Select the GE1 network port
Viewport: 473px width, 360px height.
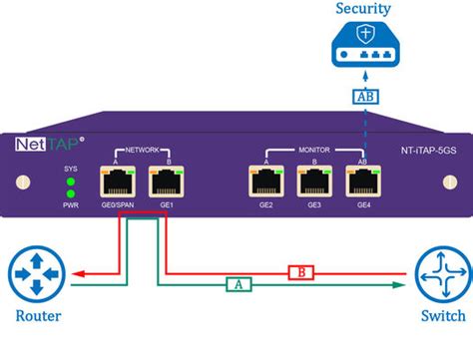click(x=164, y=181)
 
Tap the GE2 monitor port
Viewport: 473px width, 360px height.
click(x=265, y=181)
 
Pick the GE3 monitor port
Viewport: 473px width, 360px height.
click(x=314, y=181)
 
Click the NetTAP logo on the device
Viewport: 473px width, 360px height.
click(x=49, y=144)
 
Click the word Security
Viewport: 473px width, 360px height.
click(x=363, y=9)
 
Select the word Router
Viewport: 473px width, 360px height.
click(x=37, y=317)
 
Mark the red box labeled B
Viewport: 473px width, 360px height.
click(x=299, y=270)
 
